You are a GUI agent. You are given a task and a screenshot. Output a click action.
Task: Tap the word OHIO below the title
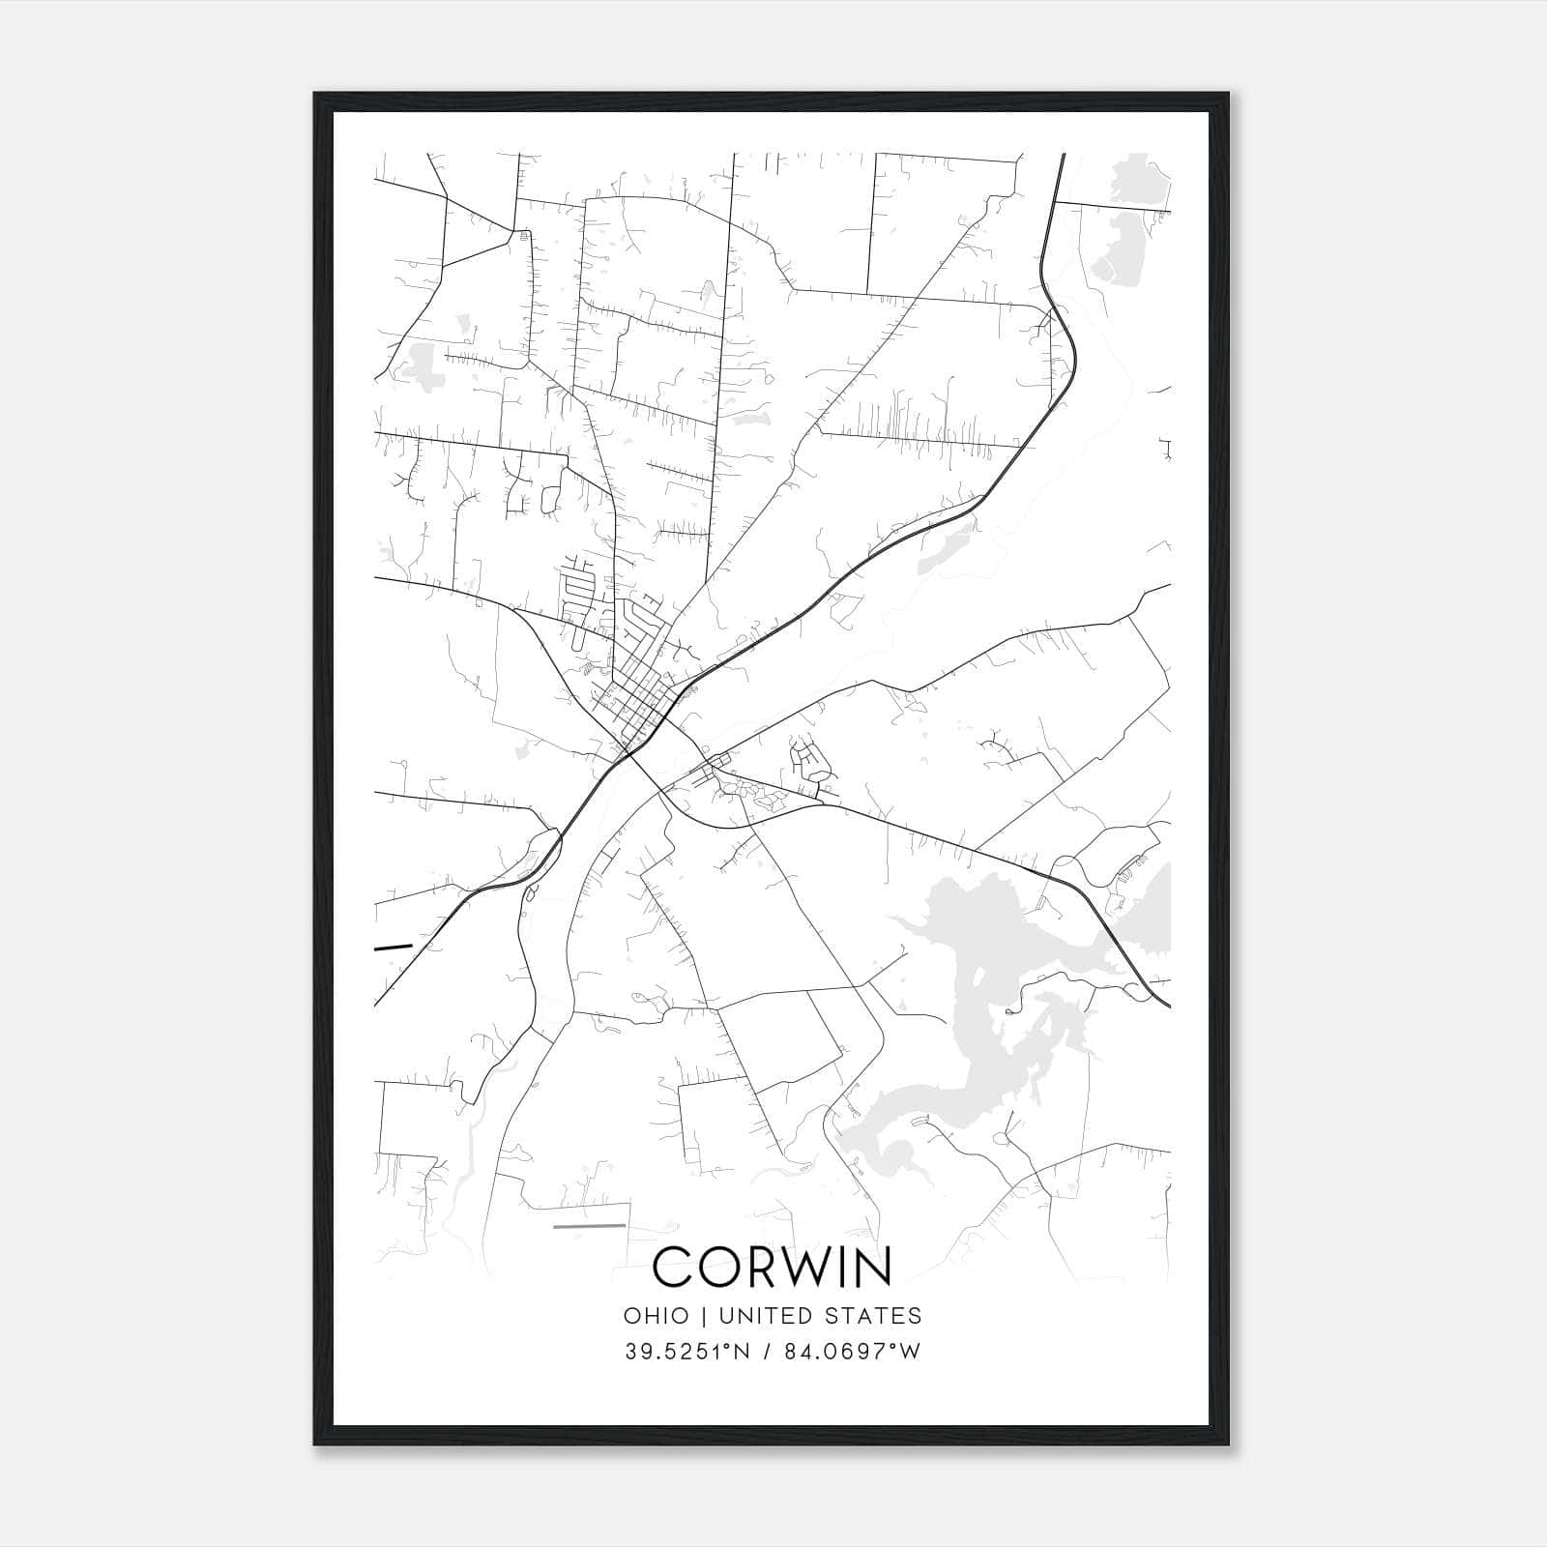(x=657, y=1316)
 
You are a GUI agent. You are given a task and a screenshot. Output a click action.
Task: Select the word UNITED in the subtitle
(x=761, y=1316)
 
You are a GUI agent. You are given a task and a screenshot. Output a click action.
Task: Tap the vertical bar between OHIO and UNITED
(x=702, y=1316)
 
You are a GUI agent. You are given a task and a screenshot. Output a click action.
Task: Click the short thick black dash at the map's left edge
(x=393, y=947)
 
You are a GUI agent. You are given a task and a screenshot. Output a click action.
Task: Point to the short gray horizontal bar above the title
(x=589, y=1226)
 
